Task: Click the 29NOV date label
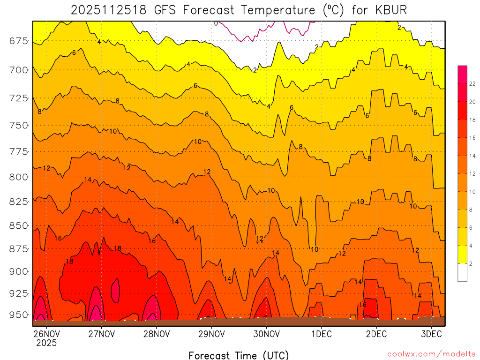click(x=211, y=334)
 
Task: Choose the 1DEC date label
click(x=322, y=334)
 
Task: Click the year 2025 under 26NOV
click(x=46, y=343)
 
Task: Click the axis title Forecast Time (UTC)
click(x=239, y=355)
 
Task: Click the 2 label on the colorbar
click(x=471, y=263)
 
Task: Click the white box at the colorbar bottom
click(x=462, y=272)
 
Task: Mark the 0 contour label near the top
click(x=216, y=23)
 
